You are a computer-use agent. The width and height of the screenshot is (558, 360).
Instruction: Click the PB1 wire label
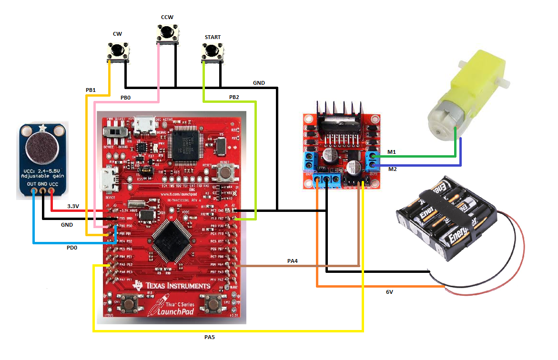click(91, 90)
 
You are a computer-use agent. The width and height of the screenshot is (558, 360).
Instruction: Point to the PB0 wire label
click(125, 97)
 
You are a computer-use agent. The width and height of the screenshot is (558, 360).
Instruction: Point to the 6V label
click(389, 292)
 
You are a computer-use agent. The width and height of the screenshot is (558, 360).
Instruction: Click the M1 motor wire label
click(391, 152)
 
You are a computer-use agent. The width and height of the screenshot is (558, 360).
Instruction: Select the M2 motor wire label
click(392, 169)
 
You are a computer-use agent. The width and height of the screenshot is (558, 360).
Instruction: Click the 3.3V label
click(73, 206)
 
